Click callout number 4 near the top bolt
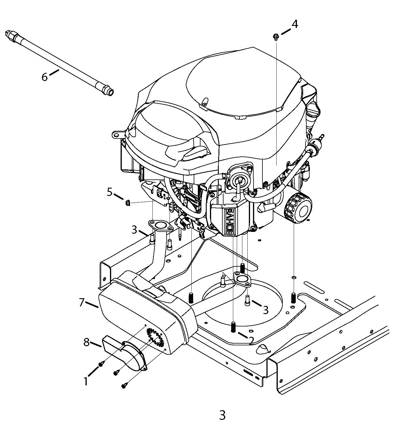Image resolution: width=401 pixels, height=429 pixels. pyautogui.click(x=295, y=24)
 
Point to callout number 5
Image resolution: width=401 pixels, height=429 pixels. pyautogui.click(x=110, y=192)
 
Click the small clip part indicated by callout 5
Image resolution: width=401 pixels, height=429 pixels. pyautogui.click(x=128, y=203)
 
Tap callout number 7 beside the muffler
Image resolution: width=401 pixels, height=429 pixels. pyautogui.click(x=81, y=302)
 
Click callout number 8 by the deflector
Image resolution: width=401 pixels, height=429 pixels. pyautogui.click(x=86, y=342)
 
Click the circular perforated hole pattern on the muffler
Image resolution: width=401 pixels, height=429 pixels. pyautogui.click(x=155, y=336)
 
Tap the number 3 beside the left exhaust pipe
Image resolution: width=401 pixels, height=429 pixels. pyautogui.click(x=134, y=230)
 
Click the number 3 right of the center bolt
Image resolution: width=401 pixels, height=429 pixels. pyautogui.click(x=265, y=310)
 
